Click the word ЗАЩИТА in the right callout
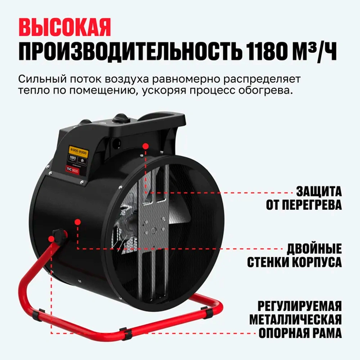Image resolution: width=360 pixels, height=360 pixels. pos(319,191)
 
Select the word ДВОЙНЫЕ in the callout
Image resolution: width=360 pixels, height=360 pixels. pos(314,248)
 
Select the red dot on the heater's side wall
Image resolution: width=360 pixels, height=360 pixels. pos(77,222)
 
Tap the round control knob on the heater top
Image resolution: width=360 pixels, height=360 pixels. pos(121,117)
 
